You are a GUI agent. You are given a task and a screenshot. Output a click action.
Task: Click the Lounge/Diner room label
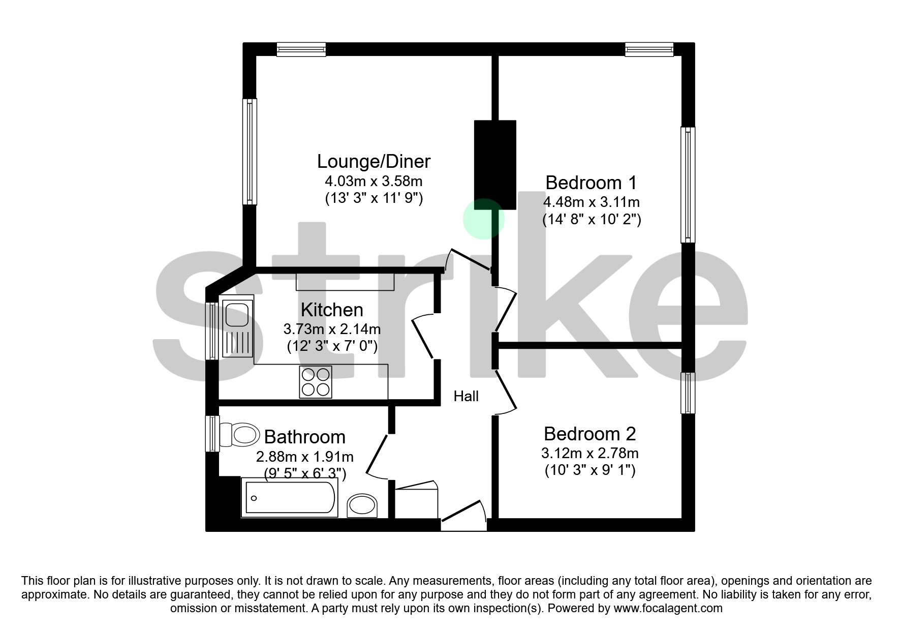coord(374,161)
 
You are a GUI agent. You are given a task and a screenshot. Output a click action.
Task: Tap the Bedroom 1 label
coord(591,183)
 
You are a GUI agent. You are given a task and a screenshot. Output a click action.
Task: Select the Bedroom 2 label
coord(589,434)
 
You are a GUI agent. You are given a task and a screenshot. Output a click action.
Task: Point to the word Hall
coord(466,396)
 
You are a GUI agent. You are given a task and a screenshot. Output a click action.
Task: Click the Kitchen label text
coord(332,310)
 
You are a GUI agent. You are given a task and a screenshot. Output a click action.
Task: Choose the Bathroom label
coord(304,437)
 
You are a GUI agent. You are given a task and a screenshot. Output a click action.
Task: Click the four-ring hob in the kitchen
coord(315,382)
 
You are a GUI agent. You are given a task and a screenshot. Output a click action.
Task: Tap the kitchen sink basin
coord(237,314)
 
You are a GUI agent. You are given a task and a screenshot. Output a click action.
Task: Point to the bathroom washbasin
coord(362,505)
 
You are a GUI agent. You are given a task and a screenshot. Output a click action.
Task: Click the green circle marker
coord(483,219)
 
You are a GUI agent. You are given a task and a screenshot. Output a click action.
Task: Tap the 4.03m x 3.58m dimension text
coord(374,181)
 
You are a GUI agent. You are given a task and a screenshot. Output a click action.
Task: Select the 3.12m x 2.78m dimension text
coord(589,453)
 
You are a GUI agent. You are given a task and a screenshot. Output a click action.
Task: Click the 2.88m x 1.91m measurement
coord(304,456)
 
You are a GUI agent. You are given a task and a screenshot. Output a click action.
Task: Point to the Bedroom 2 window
coord(688,393)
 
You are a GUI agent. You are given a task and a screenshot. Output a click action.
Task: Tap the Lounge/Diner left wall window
coord(250,152)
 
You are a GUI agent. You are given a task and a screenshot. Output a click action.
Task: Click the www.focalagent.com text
coord(668,608)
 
